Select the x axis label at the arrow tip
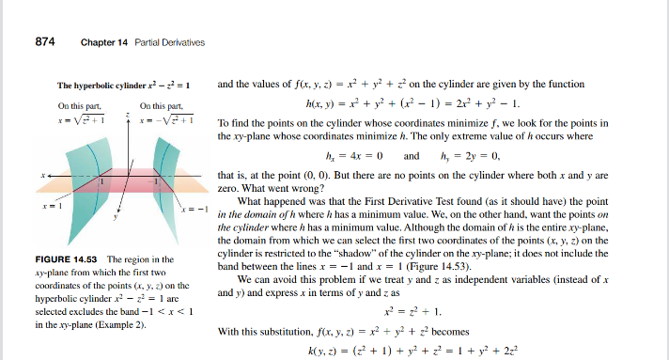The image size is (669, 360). coord(43,176)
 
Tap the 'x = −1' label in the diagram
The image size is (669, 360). coord(193,209)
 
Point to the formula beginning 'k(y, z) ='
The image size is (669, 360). coord(423,350)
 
